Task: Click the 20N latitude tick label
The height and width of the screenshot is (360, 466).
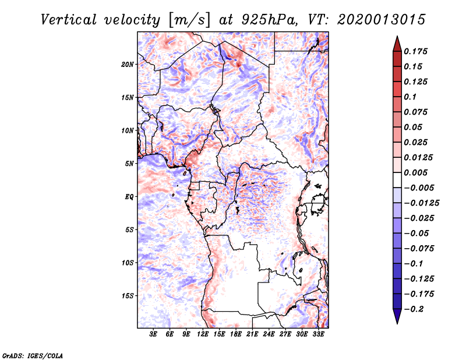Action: point(128,64)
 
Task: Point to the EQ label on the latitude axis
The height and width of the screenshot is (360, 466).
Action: point(129,197)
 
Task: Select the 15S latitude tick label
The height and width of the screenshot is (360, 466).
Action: point(128,296)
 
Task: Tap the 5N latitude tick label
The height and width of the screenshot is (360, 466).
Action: point(130,164)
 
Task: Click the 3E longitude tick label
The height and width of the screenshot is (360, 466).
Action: point(154,335)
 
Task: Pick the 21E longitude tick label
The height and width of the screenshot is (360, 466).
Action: point(253,335)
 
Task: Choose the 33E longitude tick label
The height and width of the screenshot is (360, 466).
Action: point(319,335)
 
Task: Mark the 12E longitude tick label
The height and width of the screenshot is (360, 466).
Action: point(203,335)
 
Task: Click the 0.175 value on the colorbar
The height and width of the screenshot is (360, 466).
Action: point(416,52)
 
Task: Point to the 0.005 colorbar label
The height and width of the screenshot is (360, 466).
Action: point(416,173)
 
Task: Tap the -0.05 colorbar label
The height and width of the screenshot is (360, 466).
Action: point(417,233)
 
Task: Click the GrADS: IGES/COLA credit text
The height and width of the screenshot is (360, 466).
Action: point(24,354)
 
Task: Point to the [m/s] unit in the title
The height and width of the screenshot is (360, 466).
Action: point(186,20)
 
